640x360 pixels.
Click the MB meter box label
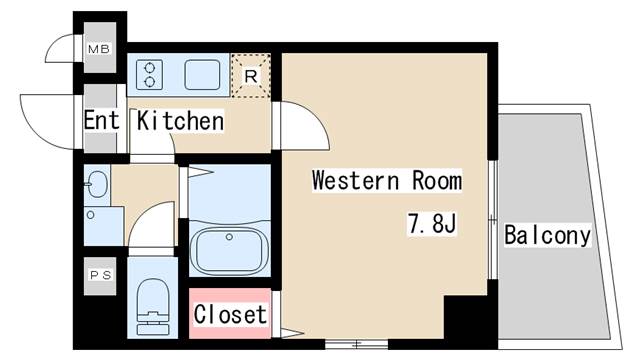click(100, 48)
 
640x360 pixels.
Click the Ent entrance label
click(101, 121)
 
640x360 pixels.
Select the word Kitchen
click(180, 121)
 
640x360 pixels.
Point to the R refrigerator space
click(251, 74)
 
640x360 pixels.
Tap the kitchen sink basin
click(204, 74)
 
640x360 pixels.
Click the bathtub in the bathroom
click(230, 248)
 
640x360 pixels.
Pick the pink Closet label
click(230, 314)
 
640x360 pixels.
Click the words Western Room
click(386, 181)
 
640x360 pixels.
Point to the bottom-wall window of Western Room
click(356, 345)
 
